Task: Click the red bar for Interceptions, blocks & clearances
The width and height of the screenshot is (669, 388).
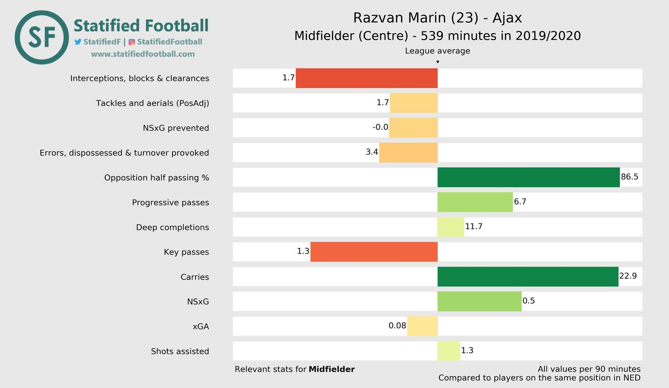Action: [x=366, y=78]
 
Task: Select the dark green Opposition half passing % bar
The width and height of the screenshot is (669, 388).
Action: [x=528, y=177]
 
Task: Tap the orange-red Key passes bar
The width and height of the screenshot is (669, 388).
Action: [x=374, y=252]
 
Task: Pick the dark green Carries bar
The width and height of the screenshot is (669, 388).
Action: [x=527, y=277]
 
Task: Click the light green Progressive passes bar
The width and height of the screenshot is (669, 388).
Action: [x=475, y=202]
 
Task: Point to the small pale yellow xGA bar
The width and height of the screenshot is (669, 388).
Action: [x=422, y=326]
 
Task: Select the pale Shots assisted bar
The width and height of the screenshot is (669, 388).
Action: [x=449, y=351]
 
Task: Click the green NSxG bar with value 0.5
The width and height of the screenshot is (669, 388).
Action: [x=479, y=301]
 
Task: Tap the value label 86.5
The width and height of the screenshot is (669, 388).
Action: [x=629, y=177]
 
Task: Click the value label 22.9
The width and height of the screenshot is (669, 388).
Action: [x=628, y=276]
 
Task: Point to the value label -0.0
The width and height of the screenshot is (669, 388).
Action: [x=380, y=127]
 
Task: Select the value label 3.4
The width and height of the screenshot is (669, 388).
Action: [x=372, y=152]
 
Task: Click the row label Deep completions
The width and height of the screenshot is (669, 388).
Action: [x=173, y=227]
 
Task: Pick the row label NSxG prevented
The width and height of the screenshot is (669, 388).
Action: [x=176, y=128]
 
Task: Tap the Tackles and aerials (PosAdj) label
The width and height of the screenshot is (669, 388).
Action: [x=152, y=103]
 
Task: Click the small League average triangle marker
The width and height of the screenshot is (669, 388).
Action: [x=437, y=62]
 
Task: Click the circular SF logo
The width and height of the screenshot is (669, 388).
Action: [x=42, y=37]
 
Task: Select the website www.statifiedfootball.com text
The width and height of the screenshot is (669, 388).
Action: [x=143, y=54]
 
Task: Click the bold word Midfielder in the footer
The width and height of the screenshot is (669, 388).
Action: [x=331, y=369]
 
